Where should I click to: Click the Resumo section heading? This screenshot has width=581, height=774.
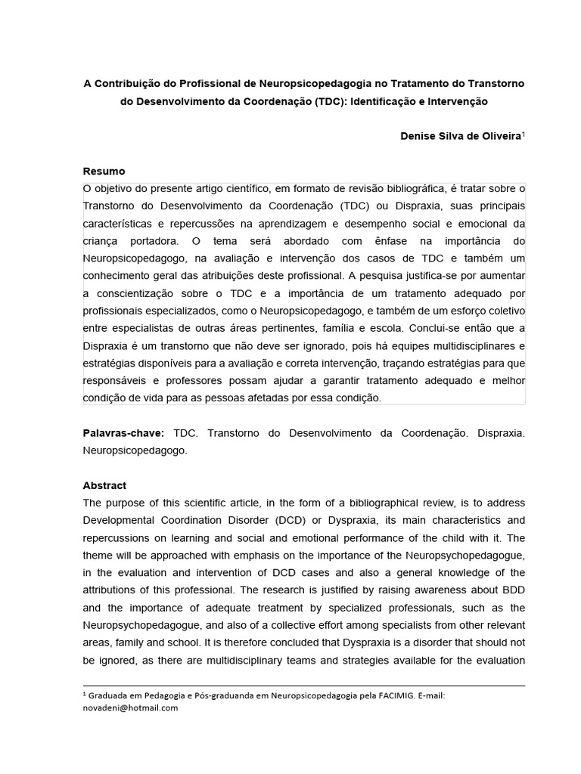coord(104,171)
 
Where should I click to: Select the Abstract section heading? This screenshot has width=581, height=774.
coord(104,485)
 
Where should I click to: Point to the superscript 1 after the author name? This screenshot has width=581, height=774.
coord(524,134)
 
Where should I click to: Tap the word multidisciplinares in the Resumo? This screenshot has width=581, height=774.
coord(473,345)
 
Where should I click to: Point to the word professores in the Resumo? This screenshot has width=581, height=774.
coord(190,380)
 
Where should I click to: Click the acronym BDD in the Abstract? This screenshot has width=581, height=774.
coord(513,590)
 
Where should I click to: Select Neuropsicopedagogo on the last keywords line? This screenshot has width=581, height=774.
coord(134,450)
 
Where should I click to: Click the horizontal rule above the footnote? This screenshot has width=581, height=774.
coord(303,686)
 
